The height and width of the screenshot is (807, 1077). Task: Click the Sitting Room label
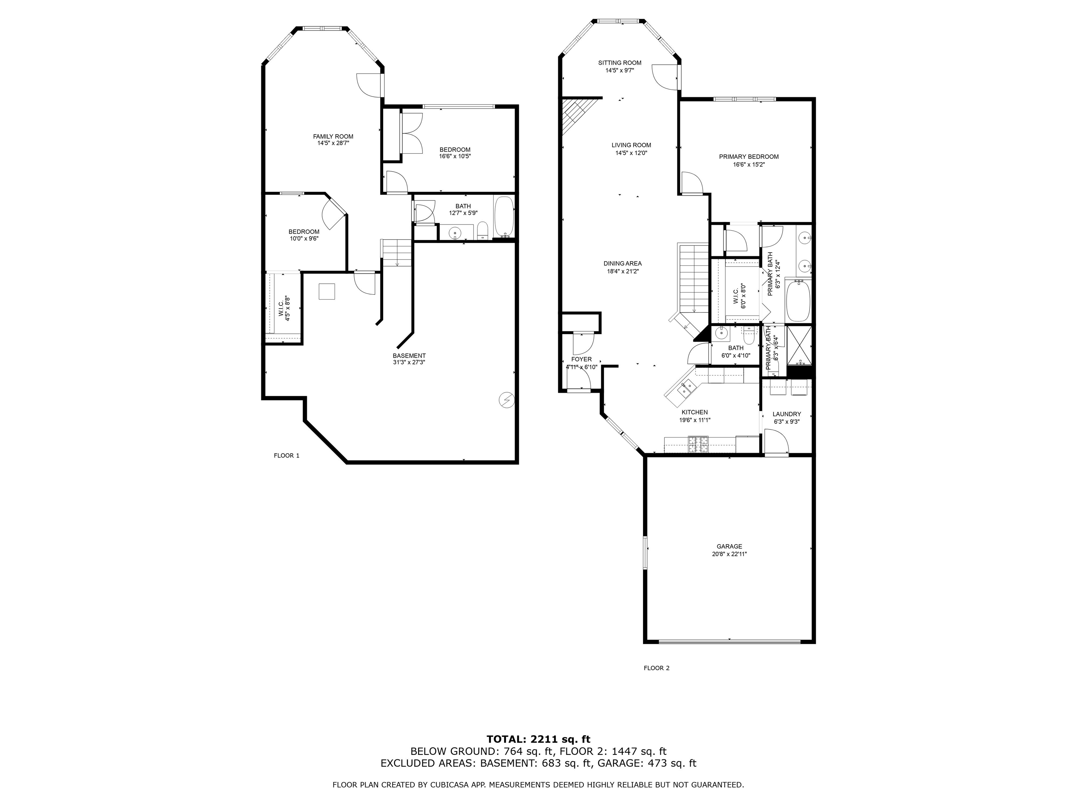click(619, 63)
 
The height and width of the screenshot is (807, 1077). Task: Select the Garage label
click(729, 546)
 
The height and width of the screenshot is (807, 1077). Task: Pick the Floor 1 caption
click(286, 456)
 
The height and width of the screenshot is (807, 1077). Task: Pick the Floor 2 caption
click(656, 668)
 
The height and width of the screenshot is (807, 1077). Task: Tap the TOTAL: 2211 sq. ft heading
click(538, 739)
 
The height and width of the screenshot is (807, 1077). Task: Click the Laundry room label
click(786, 414)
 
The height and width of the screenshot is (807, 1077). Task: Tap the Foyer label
click(581, 359)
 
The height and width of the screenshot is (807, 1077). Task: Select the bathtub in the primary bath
click(798, 301)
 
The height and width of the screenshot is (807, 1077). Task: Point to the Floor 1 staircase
click(397, 253)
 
